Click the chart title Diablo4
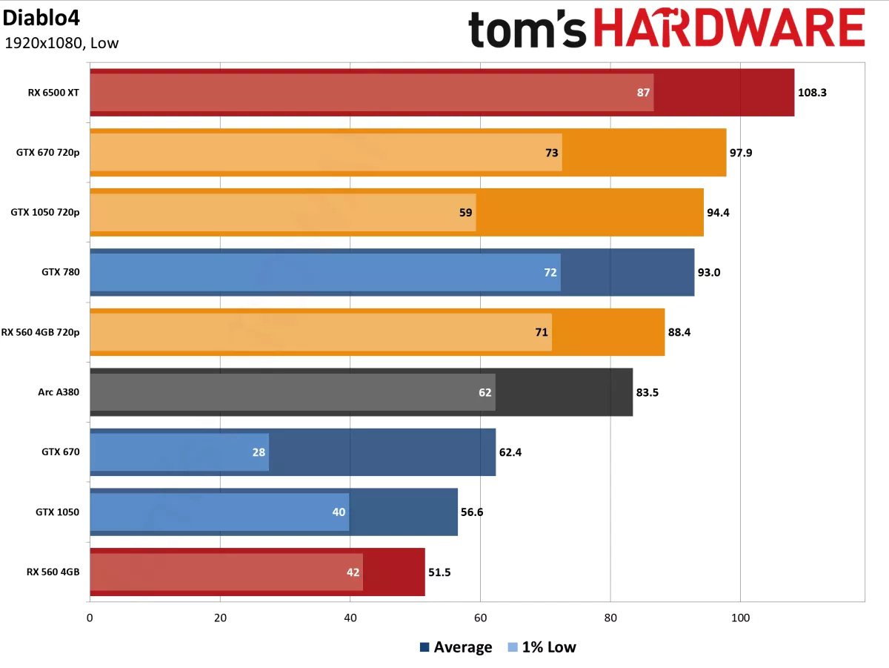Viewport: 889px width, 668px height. [x=35, y=16]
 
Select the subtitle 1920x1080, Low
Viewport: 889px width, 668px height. [x=61, y=43]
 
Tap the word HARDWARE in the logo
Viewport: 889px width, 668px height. [x=729, y=30]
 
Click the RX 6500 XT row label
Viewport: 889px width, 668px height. [x=53, y=93]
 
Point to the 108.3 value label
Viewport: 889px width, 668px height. [x=812, y=93]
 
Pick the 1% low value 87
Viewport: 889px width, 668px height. [x=643, y=93]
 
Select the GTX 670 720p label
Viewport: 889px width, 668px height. [x=47, y=153]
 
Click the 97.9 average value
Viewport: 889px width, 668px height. [x=743, y=153]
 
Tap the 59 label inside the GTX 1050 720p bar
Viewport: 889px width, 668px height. [x=466, y=213]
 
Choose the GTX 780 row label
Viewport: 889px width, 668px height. [x=60, y=272]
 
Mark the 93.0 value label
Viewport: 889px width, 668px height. [x=708, y=272]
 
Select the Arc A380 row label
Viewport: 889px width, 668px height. [x=58, y=392]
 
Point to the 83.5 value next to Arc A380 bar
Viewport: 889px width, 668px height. [x=647, y=392]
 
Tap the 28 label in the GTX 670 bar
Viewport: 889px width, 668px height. [x=259, y=452]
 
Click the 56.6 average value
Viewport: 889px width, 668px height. [x=472, y=512]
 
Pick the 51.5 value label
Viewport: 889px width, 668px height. [x=439, y=572]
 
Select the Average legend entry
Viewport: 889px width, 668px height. [x=456, y=647]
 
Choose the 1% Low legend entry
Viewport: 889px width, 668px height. [x=542, y=647]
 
